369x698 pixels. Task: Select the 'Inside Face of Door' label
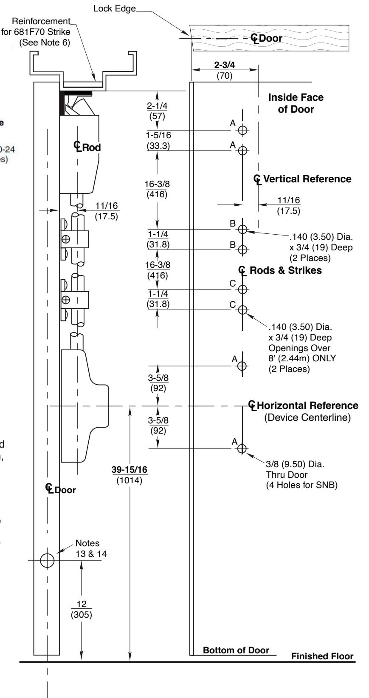[296, 103]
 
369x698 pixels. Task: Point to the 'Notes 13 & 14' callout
[87, 548]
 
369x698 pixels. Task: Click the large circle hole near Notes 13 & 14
[47, 560]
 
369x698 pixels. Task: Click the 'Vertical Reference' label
[307, 179]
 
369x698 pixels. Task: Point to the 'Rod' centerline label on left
[87, 147]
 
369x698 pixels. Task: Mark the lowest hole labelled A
[242, 448]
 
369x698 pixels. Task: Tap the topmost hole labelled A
[242, 130]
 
